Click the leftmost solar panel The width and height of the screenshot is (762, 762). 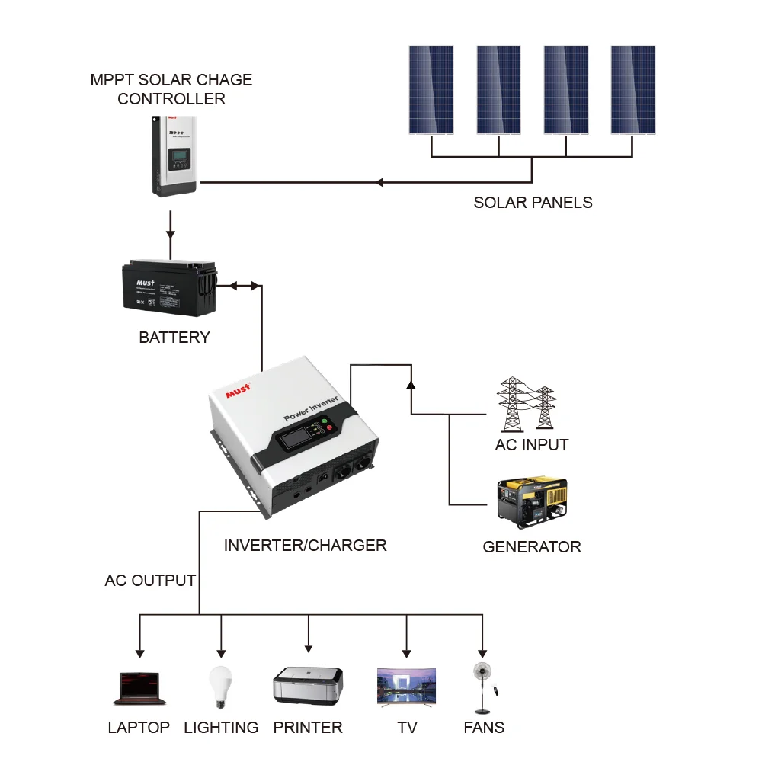coord(431,90)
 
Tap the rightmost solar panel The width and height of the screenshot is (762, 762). coord(633,90)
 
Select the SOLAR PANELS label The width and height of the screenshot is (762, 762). coord(533,203)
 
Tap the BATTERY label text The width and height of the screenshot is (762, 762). coord(174,338)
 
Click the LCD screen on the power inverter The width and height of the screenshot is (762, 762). coord(294,440)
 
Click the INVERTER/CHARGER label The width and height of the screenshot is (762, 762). coord(305,546)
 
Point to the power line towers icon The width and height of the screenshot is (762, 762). coord(527,404)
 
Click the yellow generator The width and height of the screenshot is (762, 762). coord(531,503)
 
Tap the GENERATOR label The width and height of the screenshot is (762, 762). coord(532,547)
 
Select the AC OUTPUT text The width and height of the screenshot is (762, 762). coord(150,581)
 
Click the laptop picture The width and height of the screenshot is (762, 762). coord(139,688)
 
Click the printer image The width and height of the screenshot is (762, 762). coord(308,686)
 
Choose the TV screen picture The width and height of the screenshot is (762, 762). coord(407,687)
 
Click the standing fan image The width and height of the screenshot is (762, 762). coord(482,687)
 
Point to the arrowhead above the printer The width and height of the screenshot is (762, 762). coord(308,648)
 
